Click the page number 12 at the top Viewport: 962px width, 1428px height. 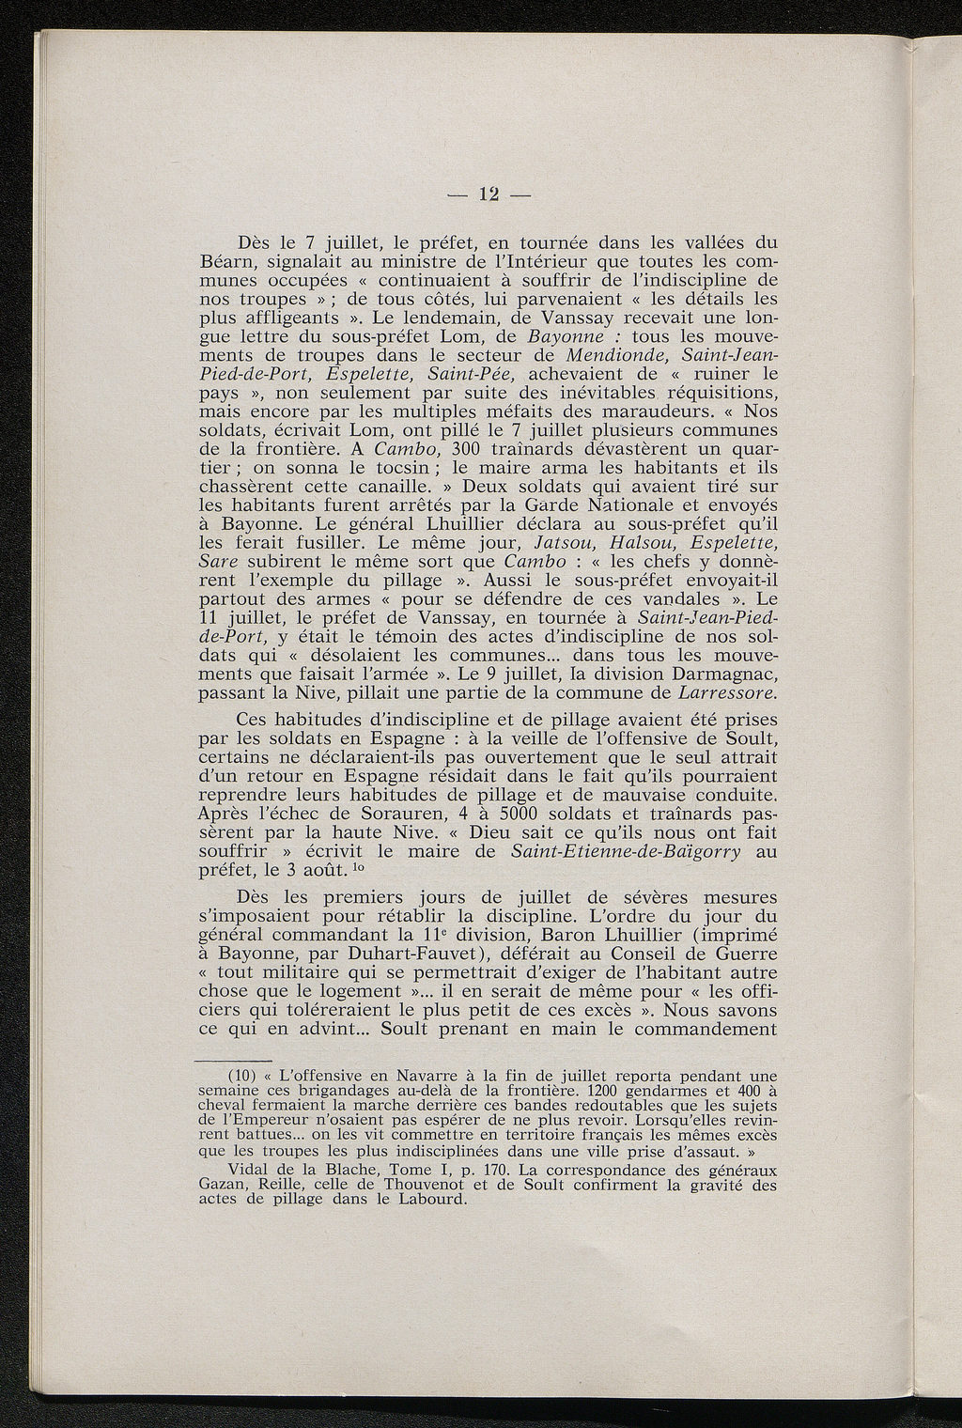coord(488,194)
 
